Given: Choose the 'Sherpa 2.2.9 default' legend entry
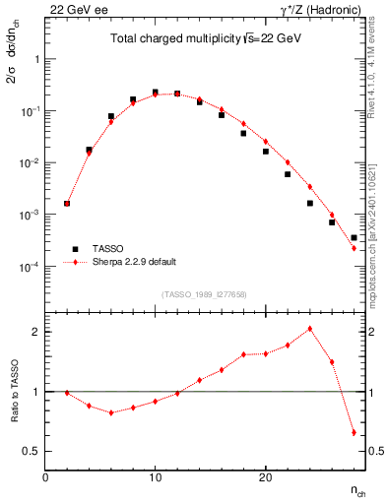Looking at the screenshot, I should (x=135, y=263).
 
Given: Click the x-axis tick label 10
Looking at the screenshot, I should (x=155, y=476).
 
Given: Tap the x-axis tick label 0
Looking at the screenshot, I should (x=45, y=476).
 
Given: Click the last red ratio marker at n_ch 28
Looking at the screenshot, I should (x=354, y=432).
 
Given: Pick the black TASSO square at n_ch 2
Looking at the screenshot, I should (x=67, y=204).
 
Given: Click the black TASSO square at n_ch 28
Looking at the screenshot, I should (x=354, y=238).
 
